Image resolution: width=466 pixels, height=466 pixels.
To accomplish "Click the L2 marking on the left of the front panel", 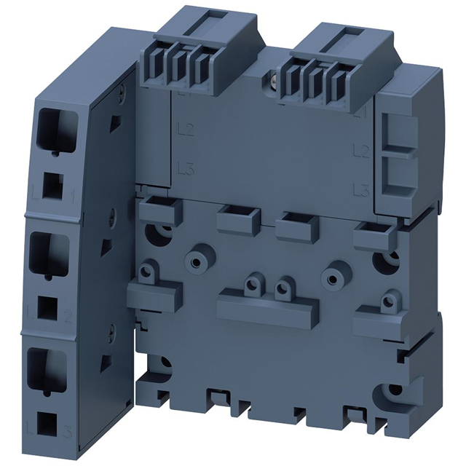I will tap(185, 131).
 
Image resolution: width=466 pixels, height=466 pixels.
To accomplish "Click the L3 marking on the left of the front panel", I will tap(185, 168).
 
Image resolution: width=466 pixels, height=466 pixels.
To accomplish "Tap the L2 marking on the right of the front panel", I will tap(358, 151).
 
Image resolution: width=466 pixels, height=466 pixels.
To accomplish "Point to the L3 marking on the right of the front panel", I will tap(358, 191).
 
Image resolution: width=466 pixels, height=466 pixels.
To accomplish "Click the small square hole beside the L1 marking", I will tap(52, 187).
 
